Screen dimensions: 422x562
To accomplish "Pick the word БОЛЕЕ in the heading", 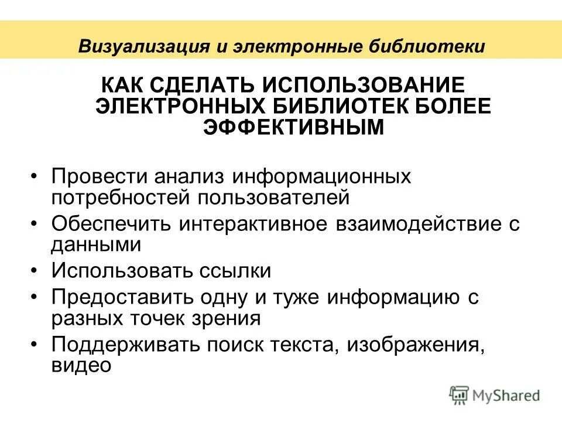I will click(456, 106).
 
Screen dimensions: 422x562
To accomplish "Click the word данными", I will click(96, 244).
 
